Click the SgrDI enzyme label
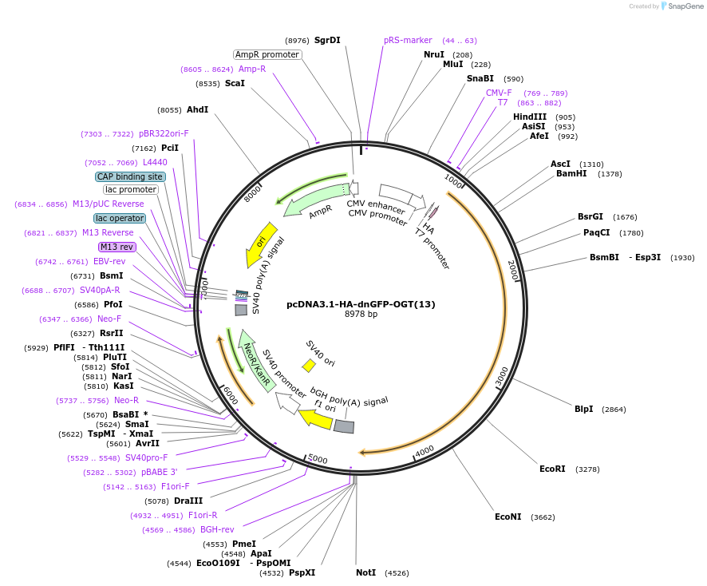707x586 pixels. point(327,40)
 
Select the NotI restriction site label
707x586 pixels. point(365,572)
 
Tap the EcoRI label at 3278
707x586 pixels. point(552,469)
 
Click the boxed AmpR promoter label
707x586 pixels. point(267,54)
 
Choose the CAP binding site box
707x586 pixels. point(131,176)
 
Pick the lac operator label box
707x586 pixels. point(120,218)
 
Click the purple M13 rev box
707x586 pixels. point(117,247)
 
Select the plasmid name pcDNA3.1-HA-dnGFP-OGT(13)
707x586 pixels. point(361,303)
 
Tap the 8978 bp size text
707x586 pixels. point(361,314)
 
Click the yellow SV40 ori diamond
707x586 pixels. point(309,365)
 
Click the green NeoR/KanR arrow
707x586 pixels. point(257,361)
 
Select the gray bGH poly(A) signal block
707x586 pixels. point(344,426)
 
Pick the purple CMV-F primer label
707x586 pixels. point(499,93)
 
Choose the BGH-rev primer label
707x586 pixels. point(217,529)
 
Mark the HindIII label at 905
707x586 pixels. point(530,117)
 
